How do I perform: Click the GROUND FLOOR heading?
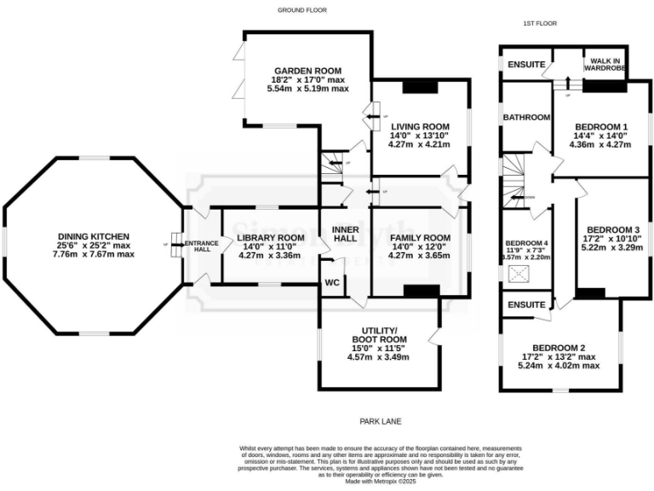point(302,10)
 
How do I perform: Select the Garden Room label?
point(307,71)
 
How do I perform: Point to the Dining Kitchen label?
point(93,236)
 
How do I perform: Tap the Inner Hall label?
point(344,232)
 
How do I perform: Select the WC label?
point(332,283)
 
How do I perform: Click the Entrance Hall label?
point(202,245)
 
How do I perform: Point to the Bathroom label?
point(525,117)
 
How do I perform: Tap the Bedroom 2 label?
point(559,347)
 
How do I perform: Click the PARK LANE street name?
point(380,421)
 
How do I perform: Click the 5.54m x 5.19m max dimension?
point(307,89)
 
